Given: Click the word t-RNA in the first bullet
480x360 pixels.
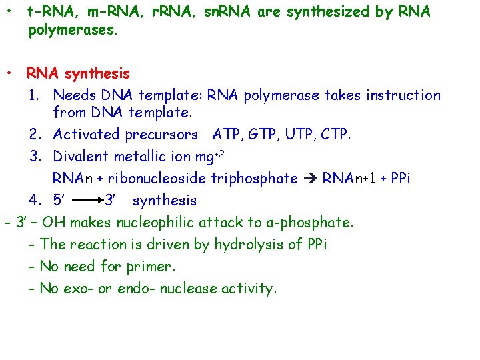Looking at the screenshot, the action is (x=50, y=11).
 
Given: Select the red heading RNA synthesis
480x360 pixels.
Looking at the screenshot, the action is (x=78, y=73).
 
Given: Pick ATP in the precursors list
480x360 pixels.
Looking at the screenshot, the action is (x=227, y=135).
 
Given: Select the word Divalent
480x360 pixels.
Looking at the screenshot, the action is (x=80, y=157).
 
